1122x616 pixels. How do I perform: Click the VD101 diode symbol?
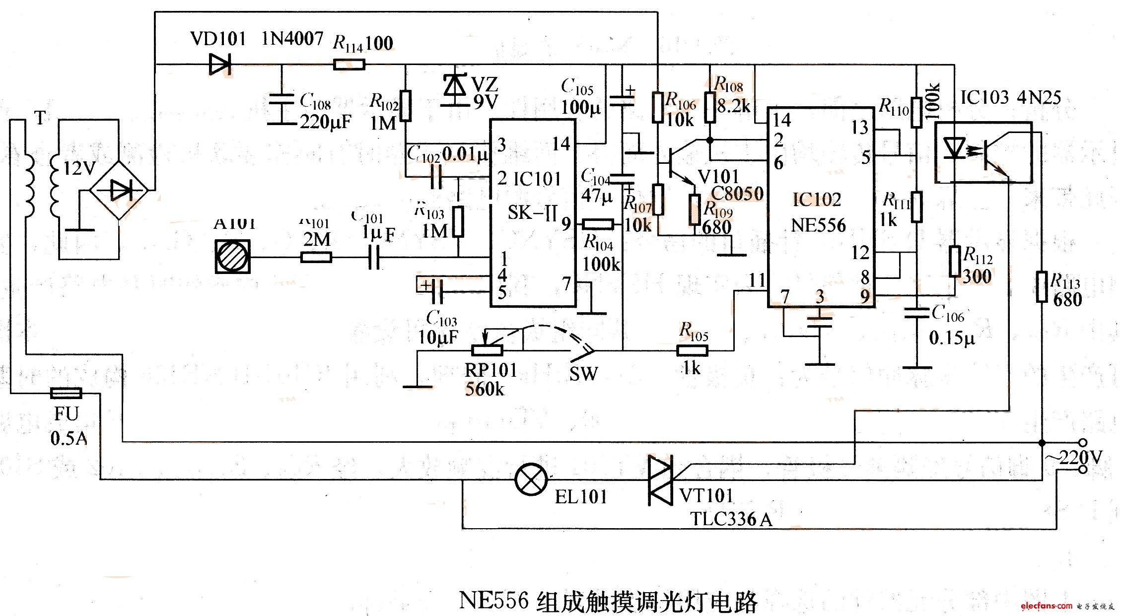click(220, 65)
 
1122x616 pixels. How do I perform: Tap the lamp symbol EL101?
click(531, 479)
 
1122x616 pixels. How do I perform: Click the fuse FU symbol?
click(66, 394)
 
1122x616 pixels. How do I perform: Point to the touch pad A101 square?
click(232, 257)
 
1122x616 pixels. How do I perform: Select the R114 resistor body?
click(349, 65)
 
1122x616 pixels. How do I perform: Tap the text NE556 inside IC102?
click(818, 226)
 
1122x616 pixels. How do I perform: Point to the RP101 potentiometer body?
click(487, 350)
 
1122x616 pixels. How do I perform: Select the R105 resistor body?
click(693, 351)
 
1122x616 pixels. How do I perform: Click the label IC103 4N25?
click(1010, 98)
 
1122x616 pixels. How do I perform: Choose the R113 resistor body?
click(1041, 286)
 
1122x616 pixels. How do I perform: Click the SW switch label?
click(583, 374)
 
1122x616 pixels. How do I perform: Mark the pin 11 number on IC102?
click(757, 280)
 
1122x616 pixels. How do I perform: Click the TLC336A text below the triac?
click(731, 520)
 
